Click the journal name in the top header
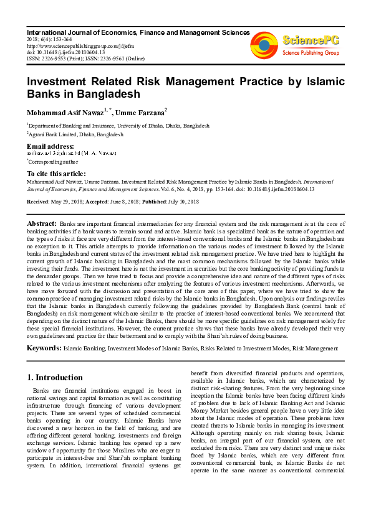(x=138, y=32)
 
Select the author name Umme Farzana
(x=140, y=113)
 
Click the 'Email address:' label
(x=51, y=146)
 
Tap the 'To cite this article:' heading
(x=56, y=173)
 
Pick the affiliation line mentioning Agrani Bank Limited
(x=75, y=134)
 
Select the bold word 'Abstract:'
(x=42, y=222)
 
